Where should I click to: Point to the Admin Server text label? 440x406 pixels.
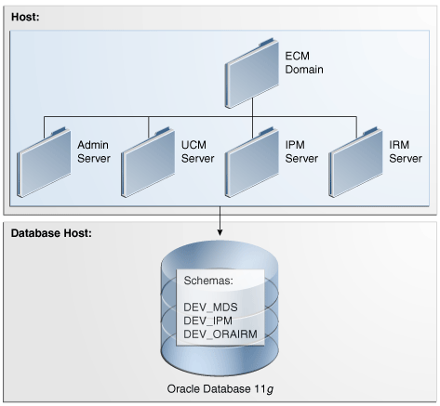(x=94, y=151)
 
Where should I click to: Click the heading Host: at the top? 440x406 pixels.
(x=25, y=11)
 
